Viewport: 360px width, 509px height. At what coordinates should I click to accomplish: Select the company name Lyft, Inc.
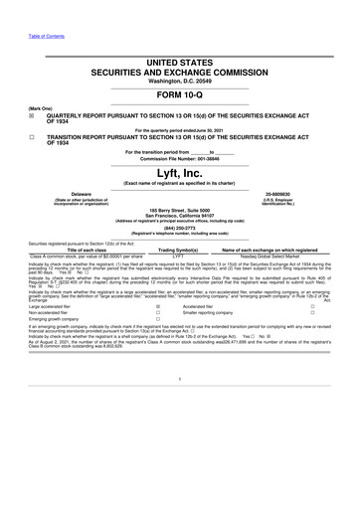click(179, 171)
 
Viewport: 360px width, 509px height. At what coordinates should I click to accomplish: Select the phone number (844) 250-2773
click(179, 226)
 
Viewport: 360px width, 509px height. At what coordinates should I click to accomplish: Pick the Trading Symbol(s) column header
click(180, 250)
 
